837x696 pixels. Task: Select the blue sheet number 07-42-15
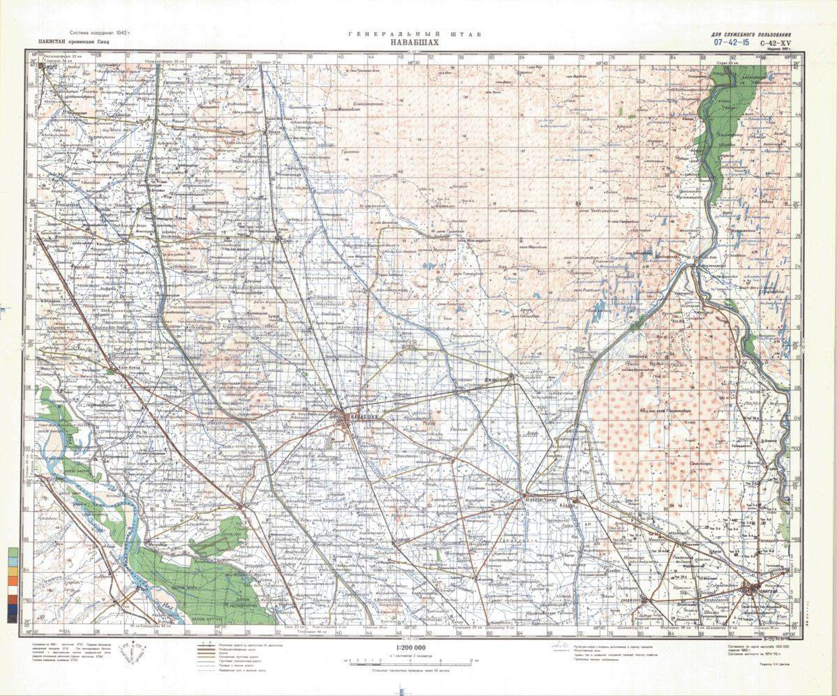pyautogui.click(x=732, y=42)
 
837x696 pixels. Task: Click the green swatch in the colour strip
pyautogui.click(x=13, y=554)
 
